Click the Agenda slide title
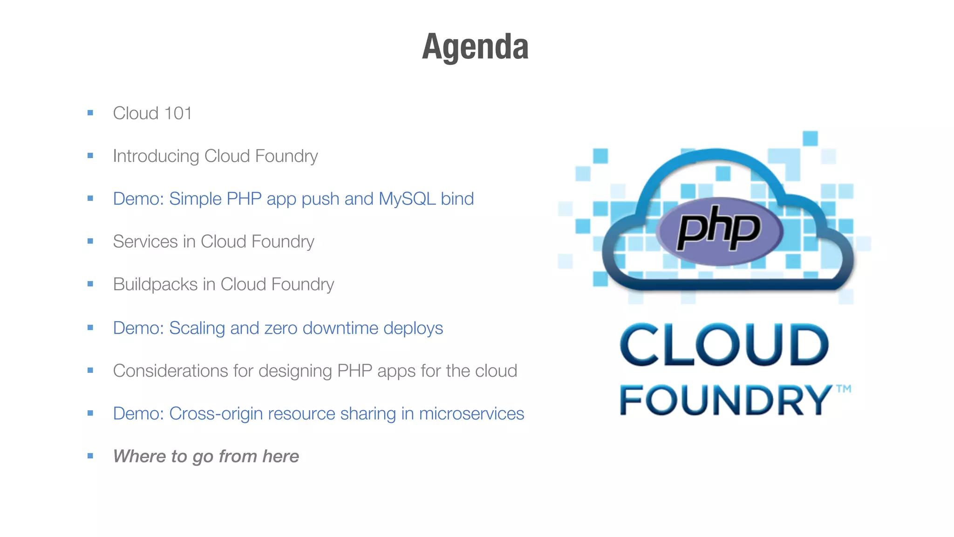pyautogui.click(x=475, y=47)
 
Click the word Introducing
pyautogui.click(x=156, y=156)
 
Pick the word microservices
pyautogui.click(x=471, y=414)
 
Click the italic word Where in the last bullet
pyautogui.click(x=140, y=456)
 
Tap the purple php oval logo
pyautogui.click(x=719, y=231)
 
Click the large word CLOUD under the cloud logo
pyautogui.click(x=724, y=345)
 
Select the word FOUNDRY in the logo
pyautogui.click(x=724, y=400)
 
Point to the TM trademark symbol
pyautogui.click(x=844, y=389)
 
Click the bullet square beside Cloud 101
pyautogui.click(x=90, y=113)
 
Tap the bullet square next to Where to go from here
pyautogui.click(x=90, y=456)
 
